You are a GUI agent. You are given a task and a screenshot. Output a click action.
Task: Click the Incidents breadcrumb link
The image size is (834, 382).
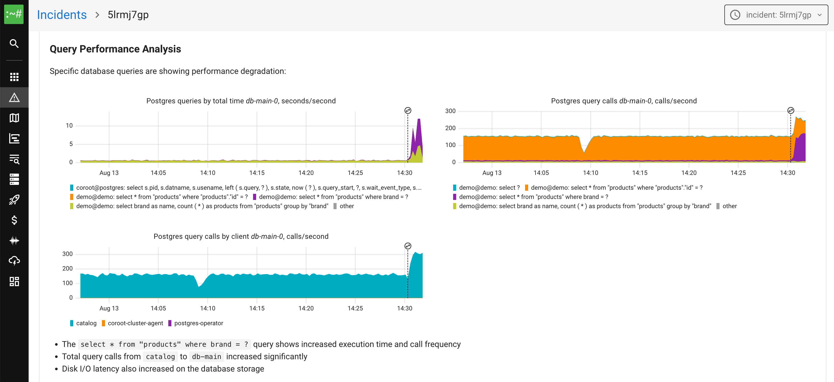pyautogui.click(x=61, y=15)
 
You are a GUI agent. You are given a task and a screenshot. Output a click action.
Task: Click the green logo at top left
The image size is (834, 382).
pyautogui.click(x=14, y=14)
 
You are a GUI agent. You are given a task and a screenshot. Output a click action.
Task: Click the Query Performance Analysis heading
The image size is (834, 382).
pyautogui.click(x=115, y=49)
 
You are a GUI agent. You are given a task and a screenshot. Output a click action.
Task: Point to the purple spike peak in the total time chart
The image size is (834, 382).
pyautogui.click(x=419, y=120)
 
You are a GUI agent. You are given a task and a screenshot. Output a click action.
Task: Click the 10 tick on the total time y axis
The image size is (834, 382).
pyautogui.click(x=69, y=125)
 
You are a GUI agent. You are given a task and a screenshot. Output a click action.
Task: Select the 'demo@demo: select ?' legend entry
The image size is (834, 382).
pyautogui.click(x=489, y=188)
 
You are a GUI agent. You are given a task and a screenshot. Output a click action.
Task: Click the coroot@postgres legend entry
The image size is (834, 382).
pyautogui.click(x=246, y=188)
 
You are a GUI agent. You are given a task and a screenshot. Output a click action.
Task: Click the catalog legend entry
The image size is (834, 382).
pyautogui.click(x=86, y=323)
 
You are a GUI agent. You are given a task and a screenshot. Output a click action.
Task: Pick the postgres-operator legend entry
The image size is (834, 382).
pyautogui.click(x=198, y=323)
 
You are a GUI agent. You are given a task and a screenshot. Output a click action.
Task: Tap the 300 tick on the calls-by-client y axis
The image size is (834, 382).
pyautogui.click(x=67, y=254)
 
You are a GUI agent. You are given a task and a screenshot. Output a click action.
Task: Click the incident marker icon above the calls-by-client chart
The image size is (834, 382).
pyautogui.click(x=408, y=246)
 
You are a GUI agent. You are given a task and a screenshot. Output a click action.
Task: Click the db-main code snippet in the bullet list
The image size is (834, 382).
pyautogui.click(x=206, y=356)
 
